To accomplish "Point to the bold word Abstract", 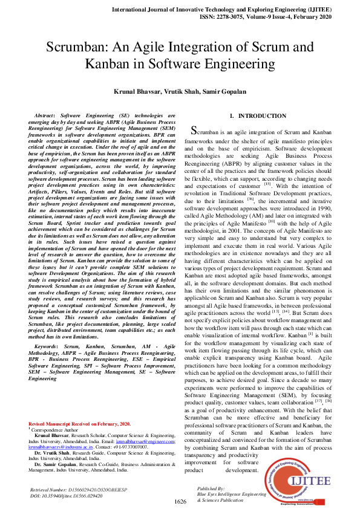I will point(45,115).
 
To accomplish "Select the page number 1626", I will point(180,502).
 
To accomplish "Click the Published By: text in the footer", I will point(211,487).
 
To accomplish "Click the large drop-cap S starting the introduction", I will point(194,130).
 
